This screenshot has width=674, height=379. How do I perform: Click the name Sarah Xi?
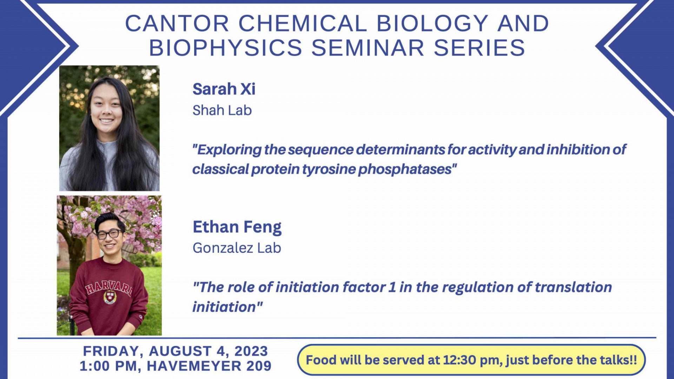(224, 89)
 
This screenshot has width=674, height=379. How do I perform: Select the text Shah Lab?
(222, 111)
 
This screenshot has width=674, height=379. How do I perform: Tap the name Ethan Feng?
(237, 227)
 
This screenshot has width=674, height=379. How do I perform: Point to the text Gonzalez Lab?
(237, 248)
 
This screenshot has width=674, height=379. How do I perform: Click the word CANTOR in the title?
(177, 24)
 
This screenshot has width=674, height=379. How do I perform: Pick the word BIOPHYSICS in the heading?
(225, 48)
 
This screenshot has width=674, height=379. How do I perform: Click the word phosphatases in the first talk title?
(405, 169)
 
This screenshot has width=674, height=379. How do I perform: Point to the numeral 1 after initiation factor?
(392, 287)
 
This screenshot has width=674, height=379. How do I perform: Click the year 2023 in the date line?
(251, 351)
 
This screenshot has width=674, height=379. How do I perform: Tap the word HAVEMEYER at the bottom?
(194, 366)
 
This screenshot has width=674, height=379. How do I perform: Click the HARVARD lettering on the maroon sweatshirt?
(109, 287)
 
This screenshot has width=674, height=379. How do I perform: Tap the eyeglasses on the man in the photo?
(109, 234)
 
